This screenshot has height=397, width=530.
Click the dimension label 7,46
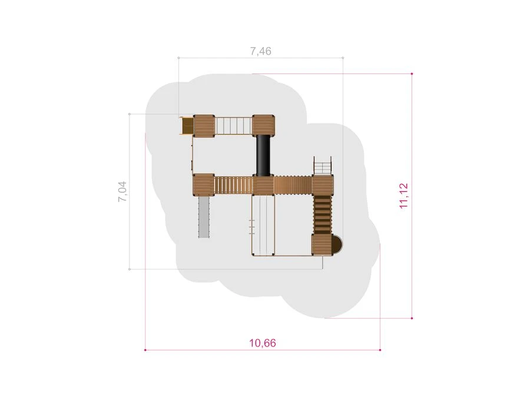coord(261,51)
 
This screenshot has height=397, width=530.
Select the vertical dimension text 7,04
coord(122,191)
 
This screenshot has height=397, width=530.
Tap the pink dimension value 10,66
coord(263,343)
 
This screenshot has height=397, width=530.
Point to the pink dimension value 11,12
coord(404,196)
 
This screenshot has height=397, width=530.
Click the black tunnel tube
coord(263,156)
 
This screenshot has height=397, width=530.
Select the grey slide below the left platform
coord(204,217)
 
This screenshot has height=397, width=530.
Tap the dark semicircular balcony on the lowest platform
coord(337,245)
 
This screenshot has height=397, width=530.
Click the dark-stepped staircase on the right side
coord(323,215)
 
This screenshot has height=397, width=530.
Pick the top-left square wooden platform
coord(204,126)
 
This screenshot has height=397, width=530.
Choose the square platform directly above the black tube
coord(263,126)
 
